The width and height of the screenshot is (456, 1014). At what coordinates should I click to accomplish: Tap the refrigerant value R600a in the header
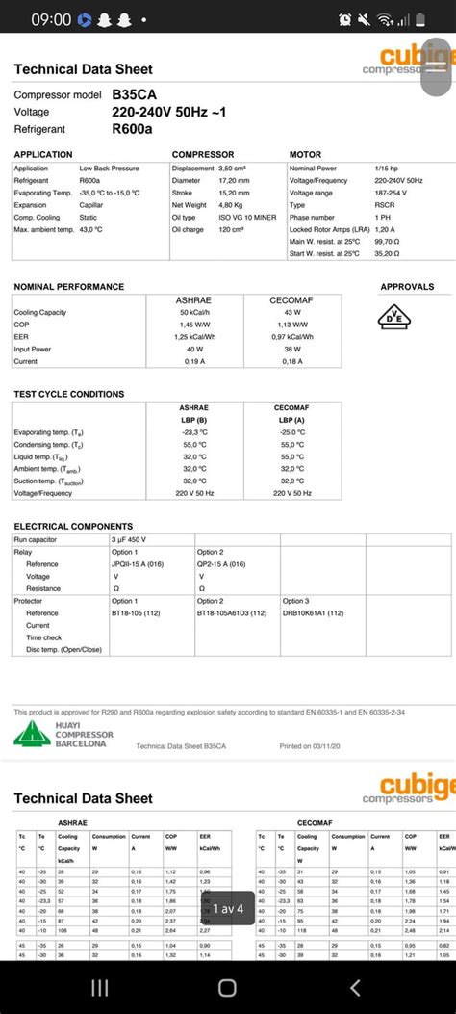pos(132,128)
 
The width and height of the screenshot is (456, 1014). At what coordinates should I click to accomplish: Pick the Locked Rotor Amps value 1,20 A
pos(385,229)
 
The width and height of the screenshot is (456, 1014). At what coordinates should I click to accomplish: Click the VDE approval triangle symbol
pos(393,317)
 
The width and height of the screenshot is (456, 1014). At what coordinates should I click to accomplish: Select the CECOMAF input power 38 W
pos(291,349)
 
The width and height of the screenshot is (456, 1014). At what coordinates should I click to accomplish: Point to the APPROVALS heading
pos(407,287)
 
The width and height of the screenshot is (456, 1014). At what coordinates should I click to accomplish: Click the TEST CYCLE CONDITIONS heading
pos(68,394)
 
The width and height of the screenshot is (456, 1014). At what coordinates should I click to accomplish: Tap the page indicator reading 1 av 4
pos(228,908)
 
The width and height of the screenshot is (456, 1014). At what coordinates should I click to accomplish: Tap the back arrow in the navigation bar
pos(355,987)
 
